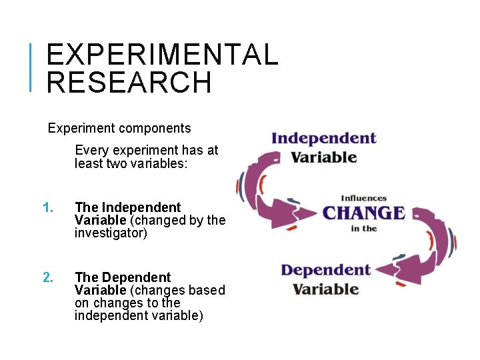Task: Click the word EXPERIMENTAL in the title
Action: [162, 55]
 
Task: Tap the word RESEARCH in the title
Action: [129, 83]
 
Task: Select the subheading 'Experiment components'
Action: [119, 128]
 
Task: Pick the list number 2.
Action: [47, 277]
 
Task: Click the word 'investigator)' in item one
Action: [111, 233]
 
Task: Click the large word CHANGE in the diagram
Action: [363, 213]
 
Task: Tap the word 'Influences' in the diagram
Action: [364, 198]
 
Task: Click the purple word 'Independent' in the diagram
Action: [323, 139]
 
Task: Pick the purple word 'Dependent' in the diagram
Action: [325, 270]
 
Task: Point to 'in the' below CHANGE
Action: [364, 229]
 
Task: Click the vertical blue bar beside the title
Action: [31, 67]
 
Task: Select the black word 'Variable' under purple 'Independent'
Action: [324, 158]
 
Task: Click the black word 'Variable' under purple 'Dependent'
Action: [326, 289]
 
